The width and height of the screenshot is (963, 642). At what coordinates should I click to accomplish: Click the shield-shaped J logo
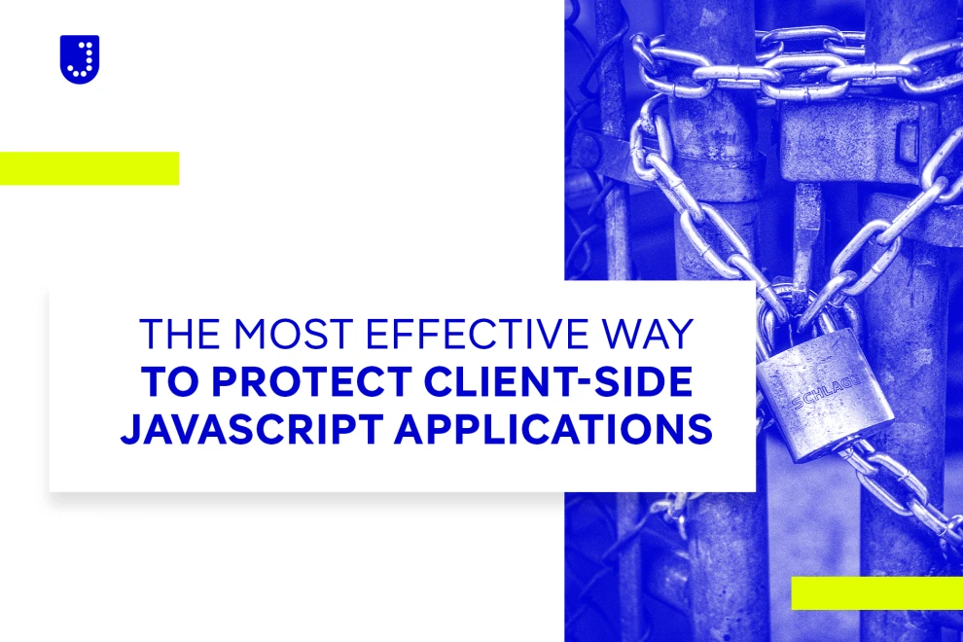79,59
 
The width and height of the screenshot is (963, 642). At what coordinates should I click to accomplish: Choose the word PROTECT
311,381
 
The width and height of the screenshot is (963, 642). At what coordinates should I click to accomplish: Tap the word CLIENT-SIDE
559,381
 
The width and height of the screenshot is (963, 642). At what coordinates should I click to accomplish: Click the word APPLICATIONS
553,429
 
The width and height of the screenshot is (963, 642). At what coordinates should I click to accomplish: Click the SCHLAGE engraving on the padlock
825,393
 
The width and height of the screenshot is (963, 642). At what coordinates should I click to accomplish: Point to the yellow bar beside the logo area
89,168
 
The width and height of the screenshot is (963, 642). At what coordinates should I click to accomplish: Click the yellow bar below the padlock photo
877,593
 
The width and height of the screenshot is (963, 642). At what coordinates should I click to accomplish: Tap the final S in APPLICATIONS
699,429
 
